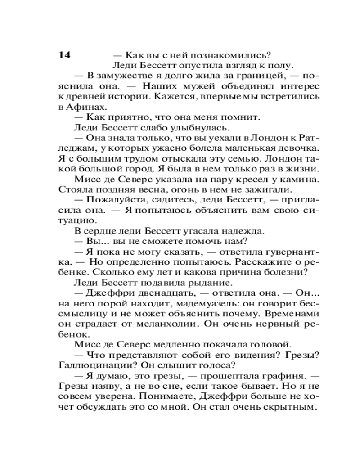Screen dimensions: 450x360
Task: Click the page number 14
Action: click(64, 55)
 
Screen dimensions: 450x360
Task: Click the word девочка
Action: click(292, 148)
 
